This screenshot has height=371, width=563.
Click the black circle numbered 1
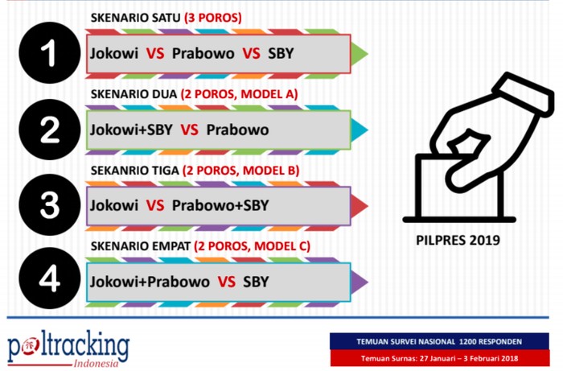pyautogui.click(x=50, y=53)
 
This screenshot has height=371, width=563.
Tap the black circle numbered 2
pyautogui.click(x=50, y=130)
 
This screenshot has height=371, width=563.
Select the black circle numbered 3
pyautogui.click(x=50, y=205)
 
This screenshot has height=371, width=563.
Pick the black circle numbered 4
pyautogui.click(x=50, y=278)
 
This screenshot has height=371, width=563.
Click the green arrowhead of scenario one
pyautogui.click(x=359, y=54)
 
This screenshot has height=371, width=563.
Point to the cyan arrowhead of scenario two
pyautogui.click(x=359, y=130)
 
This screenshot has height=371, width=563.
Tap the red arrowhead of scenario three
pyautogui.click(x=359, y=206)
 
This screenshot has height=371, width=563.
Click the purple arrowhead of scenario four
pyautogui.click(x=359, y=282)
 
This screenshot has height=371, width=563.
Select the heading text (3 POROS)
pyautogui.click(x=213, y=18)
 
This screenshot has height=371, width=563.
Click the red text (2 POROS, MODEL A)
pyautogui.click(x=239, y=94)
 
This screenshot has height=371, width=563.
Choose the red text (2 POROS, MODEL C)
pyautogui.click(x=252, y=246)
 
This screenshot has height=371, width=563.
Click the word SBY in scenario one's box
pyautogui.click(x=281, y=53)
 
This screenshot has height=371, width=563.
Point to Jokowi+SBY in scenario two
pyautogui.click(x=131, y=130)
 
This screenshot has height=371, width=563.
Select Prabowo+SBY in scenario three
pyautogui.click(x=220, y=205)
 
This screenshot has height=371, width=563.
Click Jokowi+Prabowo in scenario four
pyautogui.click(x=150, y=282)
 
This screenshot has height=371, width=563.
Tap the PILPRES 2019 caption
pyautogui.click(x=458, y=240)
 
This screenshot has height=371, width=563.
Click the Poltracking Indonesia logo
pyautogui.click(x=68, y=348)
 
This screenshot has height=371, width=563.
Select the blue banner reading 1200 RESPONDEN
pyautogui.click(x=439, y=341)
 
